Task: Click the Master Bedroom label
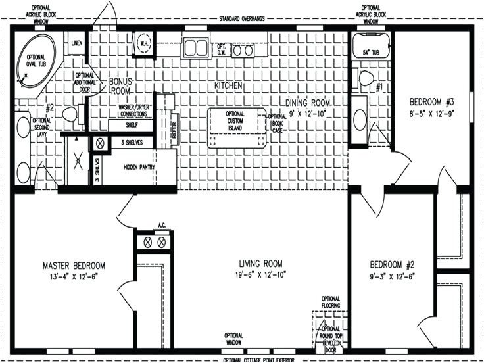coord(74,266)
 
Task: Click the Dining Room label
coord(308,102)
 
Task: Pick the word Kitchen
coord(229,86)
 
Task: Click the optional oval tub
coord(37,60)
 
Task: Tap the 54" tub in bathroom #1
coord(366,49)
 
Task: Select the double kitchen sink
coord(195,48)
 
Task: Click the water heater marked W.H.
coord(143,45)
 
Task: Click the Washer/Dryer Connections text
coord(135,109)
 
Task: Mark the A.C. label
coord(161,226)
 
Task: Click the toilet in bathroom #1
coord(366,79)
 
